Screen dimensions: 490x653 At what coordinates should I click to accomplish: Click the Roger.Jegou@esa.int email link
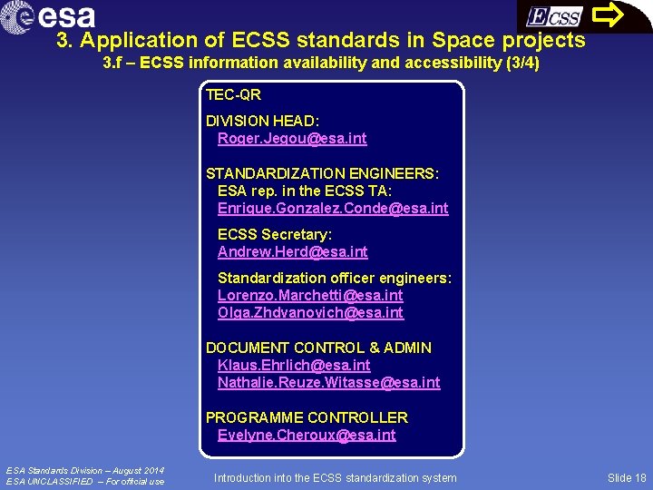[x=292, y=139]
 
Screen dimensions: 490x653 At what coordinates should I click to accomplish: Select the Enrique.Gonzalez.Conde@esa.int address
[x=333, y=209]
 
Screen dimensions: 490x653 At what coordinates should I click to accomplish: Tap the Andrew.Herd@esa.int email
[x=292, y=252]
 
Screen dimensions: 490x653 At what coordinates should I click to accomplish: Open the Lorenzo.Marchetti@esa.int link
[x=310, y=296]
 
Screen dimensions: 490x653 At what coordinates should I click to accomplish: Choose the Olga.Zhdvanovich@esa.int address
[x=310, y=313]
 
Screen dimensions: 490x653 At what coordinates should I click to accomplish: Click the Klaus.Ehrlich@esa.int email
[x=294, y=366]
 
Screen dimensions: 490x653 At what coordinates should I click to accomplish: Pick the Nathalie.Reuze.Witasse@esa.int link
[x=328, y=383]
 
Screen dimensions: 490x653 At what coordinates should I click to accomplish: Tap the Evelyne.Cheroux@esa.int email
[x=307, y=436]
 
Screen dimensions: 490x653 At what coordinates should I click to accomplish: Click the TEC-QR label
[x=233, y=94]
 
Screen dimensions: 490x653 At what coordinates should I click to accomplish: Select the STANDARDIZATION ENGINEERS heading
[x=322, y=173]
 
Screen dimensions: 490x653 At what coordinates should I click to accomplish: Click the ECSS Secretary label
[x=275, y=235]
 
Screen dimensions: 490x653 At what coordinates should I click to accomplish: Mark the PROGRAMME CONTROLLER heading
[x=307, y=418]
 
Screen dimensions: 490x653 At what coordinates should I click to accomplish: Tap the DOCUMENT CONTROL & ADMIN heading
[x=318, y=348]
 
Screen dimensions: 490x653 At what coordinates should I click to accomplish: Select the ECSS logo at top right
[x=554, y=16]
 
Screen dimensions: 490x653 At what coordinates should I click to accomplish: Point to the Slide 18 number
[x=627, y=478]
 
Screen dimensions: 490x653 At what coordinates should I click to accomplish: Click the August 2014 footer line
[x=85, y=470]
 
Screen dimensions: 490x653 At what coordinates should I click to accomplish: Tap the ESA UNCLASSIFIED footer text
[x=85, y=482]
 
